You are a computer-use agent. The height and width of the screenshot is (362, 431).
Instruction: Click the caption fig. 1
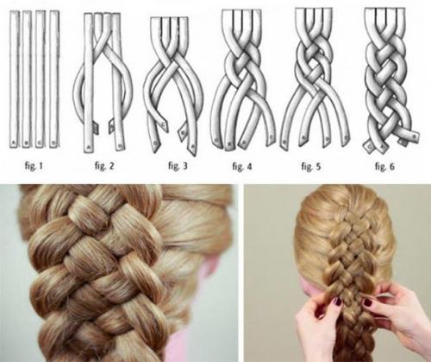pyautogui.click(x=34, y=166)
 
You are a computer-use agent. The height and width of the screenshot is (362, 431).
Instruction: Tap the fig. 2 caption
pyautogui.click(x=104, y=166)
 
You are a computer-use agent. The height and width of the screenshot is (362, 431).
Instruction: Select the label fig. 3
pyautogui.click(x=178, y=166)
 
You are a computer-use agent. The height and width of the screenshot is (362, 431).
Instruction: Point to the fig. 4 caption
pyautogui.click(x=242, y=167)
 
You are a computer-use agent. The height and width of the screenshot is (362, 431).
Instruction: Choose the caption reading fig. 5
pyautogui.click(x=311, y=167)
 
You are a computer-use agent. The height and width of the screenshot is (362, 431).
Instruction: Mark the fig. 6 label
pyautogui.click(x=384, y=166)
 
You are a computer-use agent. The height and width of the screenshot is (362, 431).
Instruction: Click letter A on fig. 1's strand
pyautogui.click(x=13, y=143)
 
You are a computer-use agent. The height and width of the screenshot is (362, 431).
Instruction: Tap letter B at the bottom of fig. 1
pyautogui.click(x=27, y=143)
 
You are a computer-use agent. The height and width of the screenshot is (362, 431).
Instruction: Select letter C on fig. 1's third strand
pyautogui.click(x=40, y=143)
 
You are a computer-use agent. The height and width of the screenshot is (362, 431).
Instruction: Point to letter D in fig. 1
pyautogui.click(x=53, y=143)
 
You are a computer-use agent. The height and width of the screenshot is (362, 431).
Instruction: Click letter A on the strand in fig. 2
pyautogui.click(x=88, y=147)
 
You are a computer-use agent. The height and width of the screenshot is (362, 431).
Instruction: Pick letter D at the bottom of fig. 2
pyautogui.click(x=120, y=146)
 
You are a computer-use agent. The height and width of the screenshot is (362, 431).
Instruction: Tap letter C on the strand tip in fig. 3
pyautogui.click(x=165, y=124)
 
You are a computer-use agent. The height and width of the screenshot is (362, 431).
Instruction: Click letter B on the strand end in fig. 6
pyautogui.click(x=415, y=135)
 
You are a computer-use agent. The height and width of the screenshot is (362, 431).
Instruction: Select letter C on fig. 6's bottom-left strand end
pyautogui.click(x=369, y=146)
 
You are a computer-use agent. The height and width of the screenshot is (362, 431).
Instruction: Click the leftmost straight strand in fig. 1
pyautogui.click(x=14, y=79)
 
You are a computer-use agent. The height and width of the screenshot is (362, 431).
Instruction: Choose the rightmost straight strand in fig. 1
pyautogui.click(x=54, y=79)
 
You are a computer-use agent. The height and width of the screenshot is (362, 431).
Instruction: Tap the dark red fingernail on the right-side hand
pyautogui.click(x=367, y=302)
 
